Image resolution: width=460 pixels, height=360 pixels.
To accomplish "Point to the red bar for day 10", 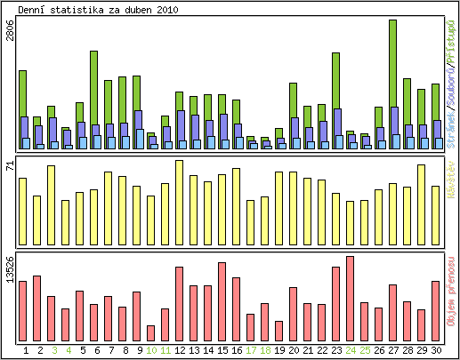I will click(x=150, y=332).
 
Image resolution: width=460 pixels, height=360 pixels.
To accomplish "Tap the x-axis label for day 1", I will click(x=26, y=350).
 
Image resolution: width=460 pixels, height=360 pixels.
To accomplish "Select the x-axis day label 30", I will click(x=435, y=350).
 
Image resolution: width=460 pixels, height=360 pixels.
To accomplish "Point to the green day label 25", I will click(x=364, y=350).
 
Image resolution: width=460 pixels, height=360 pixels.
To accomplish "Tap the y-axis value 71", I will click(x=10, y=166).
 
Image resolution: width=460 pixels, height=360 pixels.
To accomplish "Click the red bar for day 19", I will click(x=278, y=330).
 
